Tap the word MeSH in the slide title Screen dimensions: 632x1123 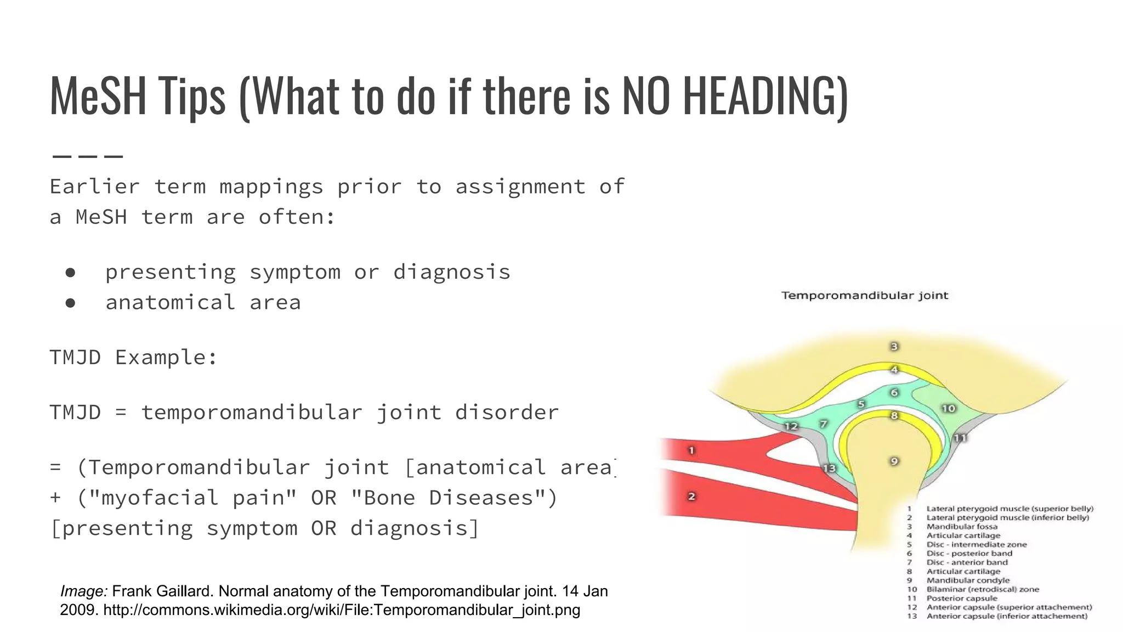tap(98, 96)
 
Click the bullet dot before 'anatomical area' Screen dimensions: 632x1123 tap(70, 302)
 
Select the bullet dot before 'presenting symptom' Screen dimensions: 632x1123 tap(70, 272)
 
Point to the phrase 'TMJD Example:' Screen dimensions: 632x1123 tap(133, 357)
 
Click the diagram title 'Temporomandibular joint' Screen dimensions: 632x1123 tap(864, 296)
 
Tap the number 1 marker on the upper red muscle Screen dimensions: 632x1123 tap(691, 450)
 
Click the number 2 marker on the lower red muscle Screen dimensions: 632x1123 tap(691, 496)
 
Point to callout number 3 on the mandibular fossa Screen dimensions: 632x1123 tap(894, 346)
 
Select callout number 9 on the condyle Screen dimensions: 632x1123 tap(894, 461)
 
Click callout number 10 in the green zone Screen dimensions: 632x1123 tap(948, 408)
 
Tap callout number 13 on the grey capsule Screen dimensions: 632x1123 tap(829, 468)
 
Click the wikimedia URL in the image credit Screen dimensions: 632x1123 tap(342, 610)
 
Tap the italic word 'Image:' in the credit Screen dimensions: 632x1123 tap(84, 591)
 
